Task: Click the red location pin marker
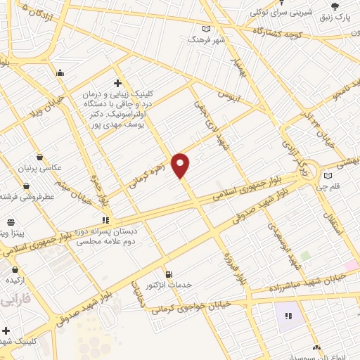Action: [x=181, y=165]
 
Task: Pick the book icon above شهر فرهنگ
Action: [x=206, y=29]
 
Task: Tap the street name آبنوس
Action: [x=229, y=94]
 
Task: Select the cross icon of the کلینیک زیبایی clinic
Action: [x=117, y=82]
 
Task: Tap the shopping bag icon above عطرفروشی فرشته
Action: [x=26, y=186]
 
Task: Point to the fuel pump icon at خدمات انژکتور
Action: [x=167, y=274]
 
